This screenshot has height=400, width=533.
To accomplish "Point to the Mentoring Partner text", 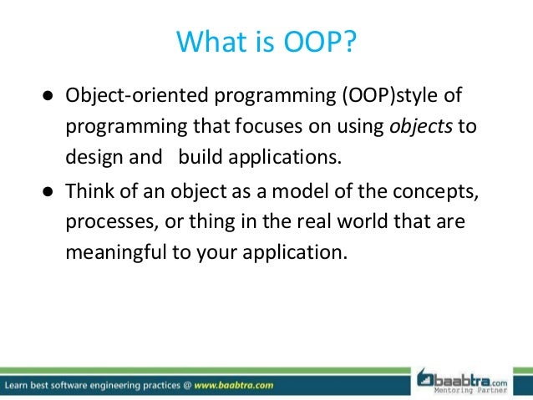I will (x=476, y=388).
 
